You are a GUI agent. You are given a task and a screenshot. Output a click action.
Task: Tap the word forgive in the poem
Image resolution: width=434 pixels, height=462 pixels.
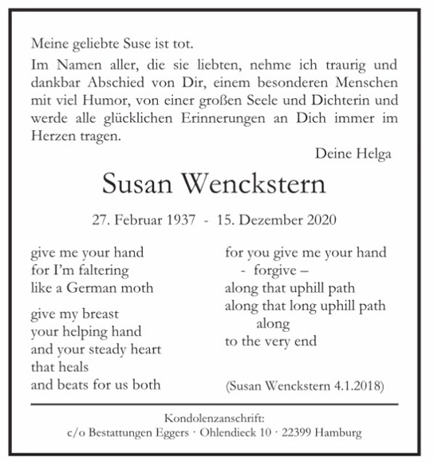[x=273, y=270]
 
